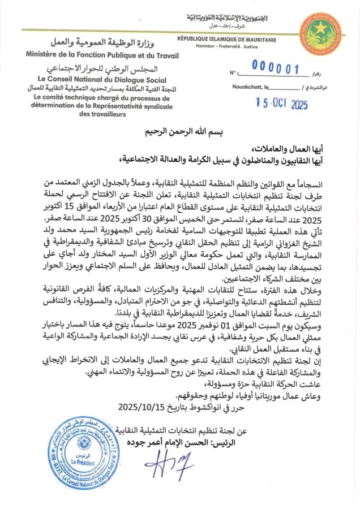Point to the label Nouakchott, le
pyautogui.click(x=251, y=87)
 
